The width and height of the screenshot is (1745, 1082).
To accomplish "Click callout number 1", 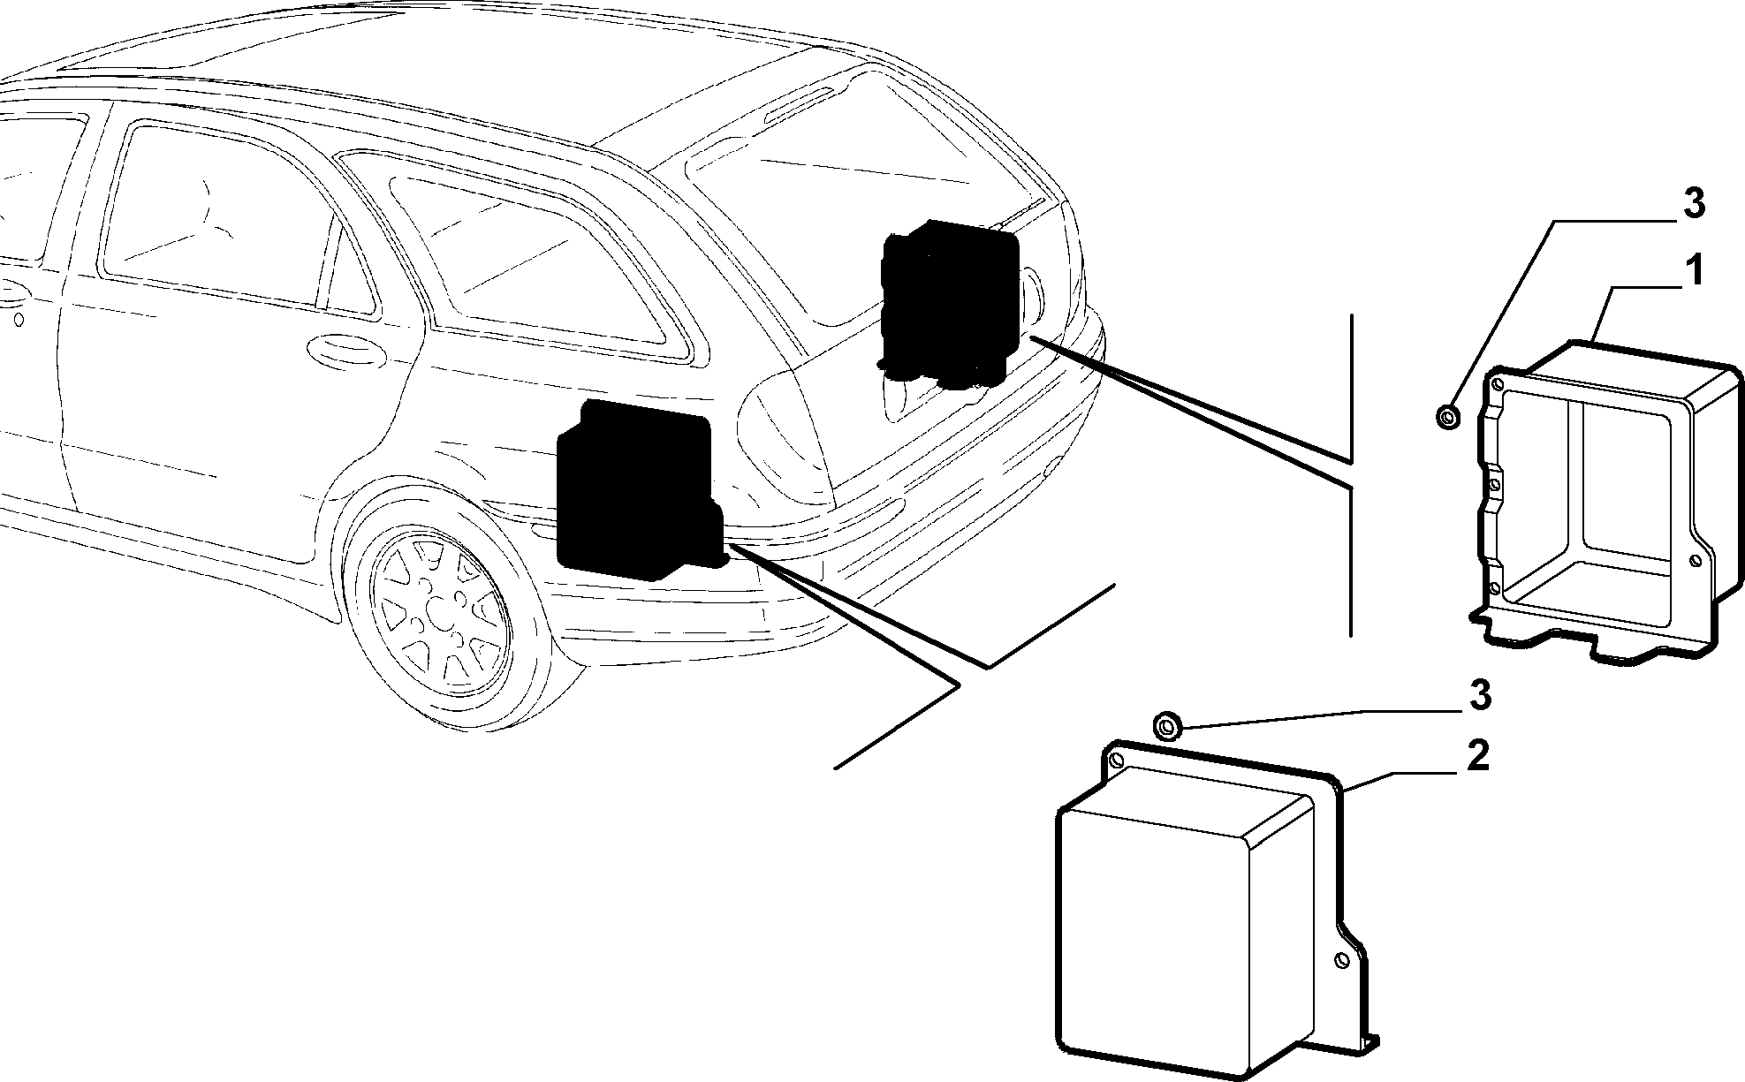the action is pos(1691,271).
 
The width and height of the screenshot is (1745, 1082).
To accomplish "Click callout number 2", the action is pos(1477,756).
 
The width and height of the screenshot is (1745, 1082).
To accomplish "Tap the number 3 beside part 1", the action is pos(1691,204).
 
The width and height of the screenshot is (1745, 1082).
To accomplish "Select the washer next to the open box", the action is pos(1447,416).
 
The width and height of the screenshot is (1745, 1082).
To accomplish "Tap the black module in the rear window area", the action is pos(950,305).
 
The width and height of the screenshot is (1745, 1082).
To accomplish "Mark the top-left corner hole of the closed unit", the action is pos(1116,760).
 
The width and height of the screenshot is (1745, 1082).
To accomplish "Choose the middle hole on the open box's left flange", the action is pos(1495,483).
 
